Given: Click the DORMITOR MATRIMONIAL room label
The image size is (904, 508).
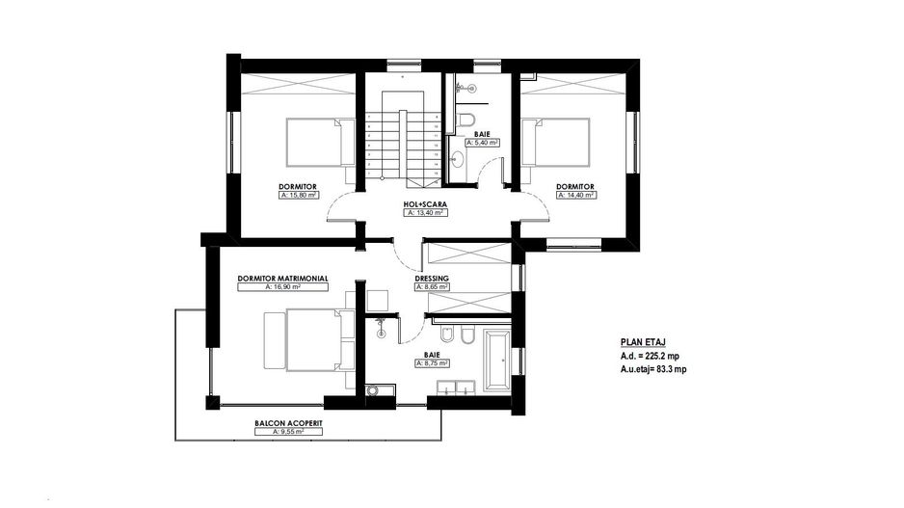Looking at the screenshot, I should (x=282, y=278).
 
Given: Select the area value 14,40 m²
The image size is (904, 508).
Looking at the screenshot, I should (x=574, y=195).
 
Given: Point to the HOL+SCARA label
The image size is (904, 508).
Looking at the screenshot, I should (x=424, y=205).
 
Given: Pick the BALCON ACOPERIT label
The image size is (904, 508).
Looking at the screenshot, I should (x=282, y=423).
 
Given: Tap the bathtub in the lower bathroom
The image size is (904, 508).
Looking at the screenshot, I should (x=497, y=361).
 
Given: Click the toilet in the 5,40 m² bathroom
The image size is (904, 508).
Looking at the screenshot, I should (x=466, y=120).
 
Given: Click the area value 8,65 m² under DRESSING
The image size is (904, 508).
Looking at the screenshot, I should (x=432, y=286).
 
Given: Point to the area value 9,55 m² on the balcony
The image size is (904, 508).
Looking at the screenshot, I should (x=282, y=432).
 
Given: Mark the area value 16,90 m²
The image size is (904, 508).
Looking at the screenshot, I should (x=282, y=286).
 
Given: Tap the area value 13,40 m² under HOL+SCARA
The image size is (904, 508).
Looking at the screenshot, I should (x=424, y=214).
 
